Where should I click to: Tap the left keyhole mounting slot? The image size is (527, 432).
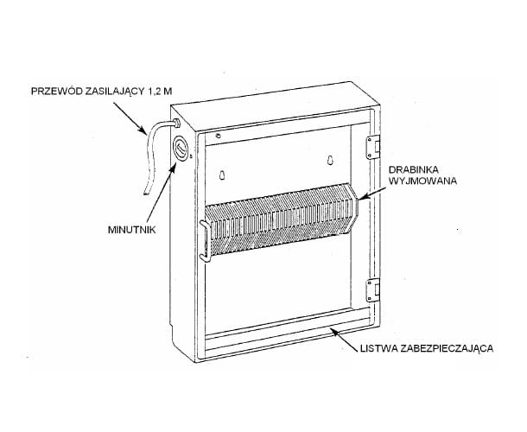pos(222,175)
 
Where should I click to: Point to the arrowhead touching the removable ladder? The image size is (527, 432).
pos(361,199)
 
